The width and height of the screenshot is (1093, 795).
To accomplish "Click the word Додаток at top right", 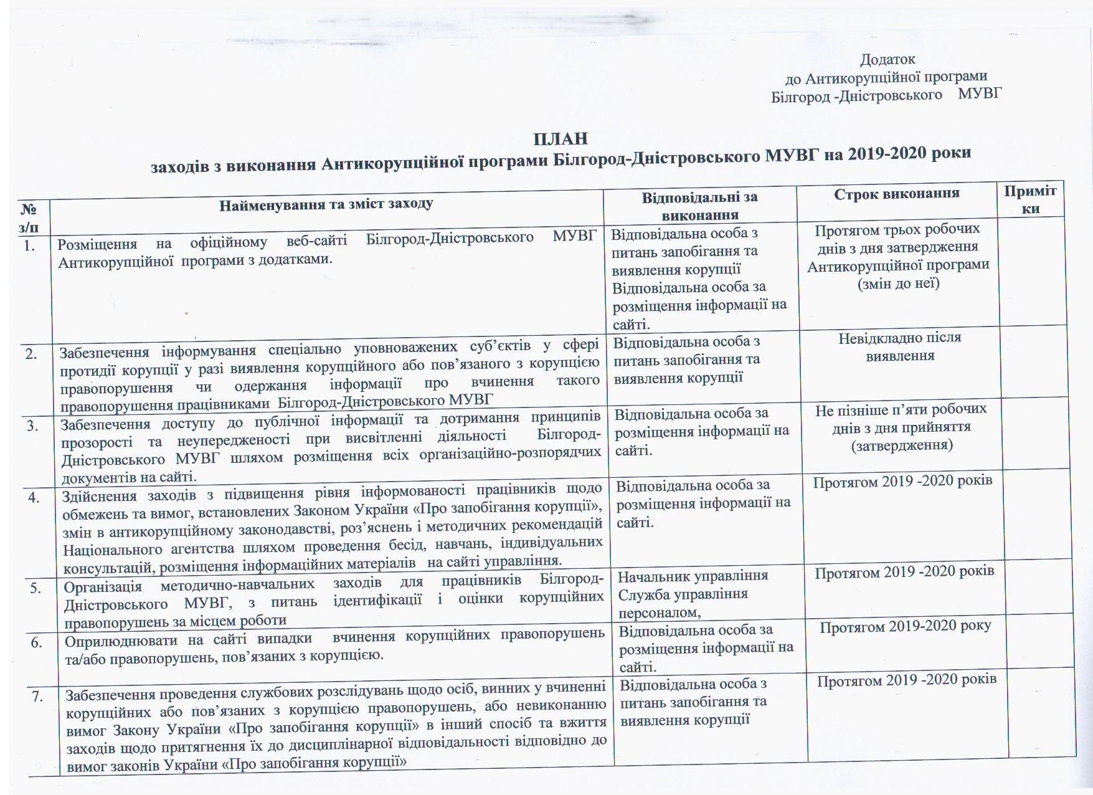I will pyautogui.click(x=887, y=60).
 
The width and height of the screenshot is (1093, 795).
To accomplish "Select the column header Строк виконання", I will pyautogui.click(x=896, y=193).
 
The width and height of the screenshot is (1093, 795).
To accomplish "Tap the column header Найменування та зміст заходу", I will pyautogui.click(x=326, y=204).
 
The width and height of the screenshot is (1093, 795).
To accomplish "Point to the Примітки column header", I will pyautogui.click(x=1031, y=199).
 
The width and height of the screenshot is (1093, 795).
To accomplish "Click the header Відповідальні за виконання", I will pyautogui.click(x=700, y=206).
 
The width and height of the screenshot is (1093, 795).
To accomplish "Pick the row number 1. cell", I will pyautogui.click(x=28, y=246).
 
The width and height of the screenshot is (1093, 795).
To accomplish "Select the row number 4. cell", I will pyautogui.click(x=33, y=497).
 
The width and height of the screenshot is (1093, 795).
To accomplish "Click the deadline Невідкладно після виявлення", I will pyautogui.click(x=900, y=347).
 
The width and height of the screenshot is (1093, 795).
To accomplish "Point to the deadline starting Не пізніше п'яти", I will pyautogui.click(x=901, y=427).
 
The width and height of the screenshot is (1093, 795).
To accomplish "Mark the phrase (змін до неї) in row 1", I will pyautogui.click(x=898, y=283).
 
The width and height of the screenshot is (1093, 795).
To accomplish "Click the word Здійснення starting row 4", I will pyautogui.click(x=99, y=497).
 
